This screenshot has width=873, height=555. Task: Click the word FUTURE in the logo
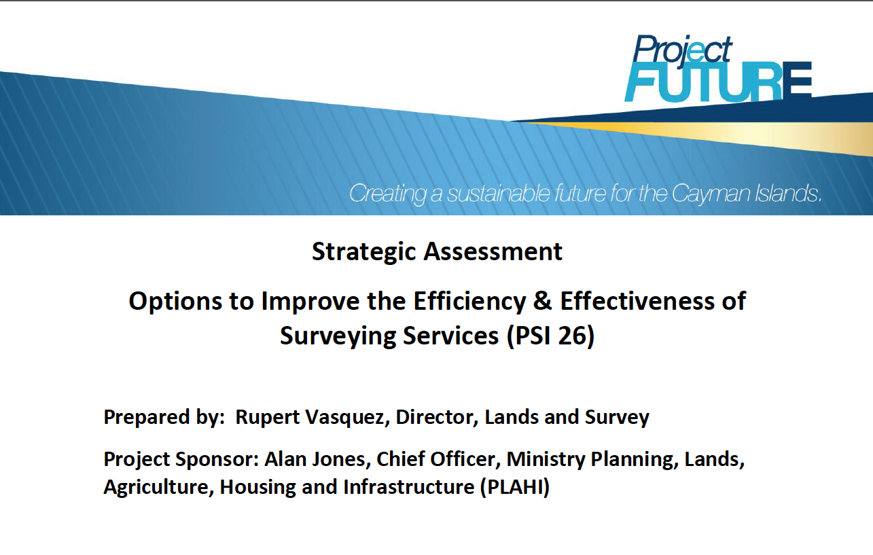(718, 82)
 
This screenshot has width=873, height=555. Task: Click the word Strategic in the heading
(364, 252)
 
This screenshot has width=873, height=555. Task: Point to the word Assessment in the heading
(493, 251)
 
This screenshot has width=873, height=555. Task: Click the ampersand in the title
(543, 301)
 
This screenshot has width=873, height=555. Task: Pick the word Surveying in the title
(338, 336)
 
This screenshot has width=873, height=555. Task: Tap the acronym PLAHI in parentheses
(515, 487)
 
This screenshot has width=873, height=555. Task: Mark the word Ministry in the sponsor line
(546, 460)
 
